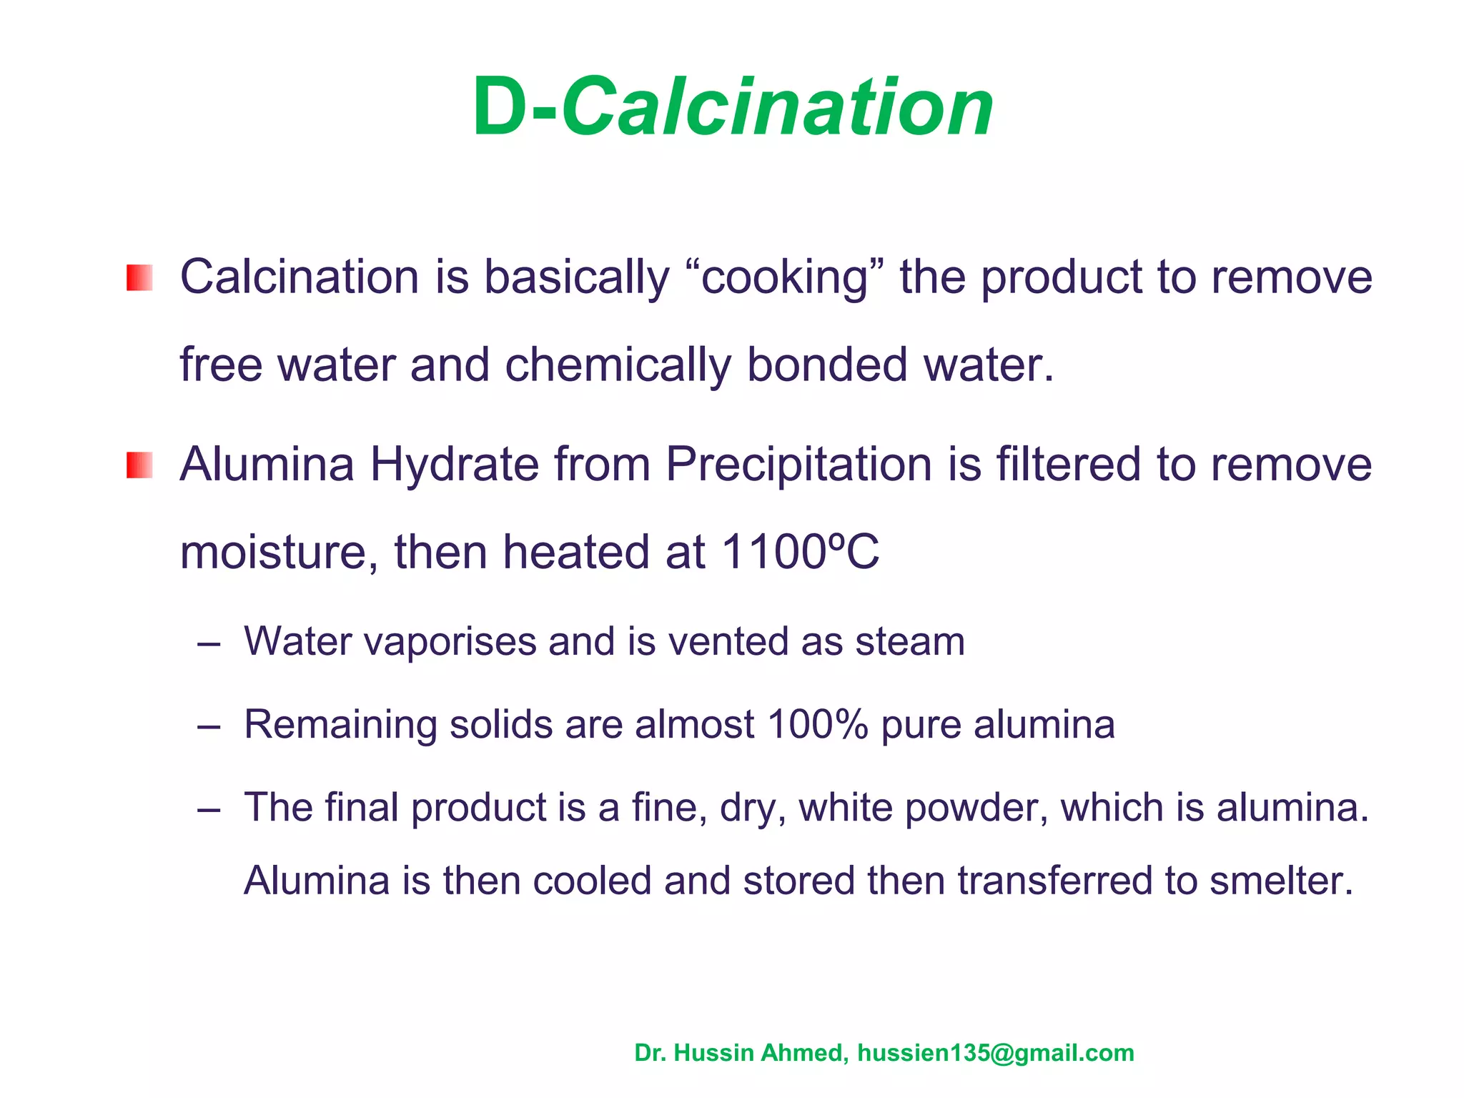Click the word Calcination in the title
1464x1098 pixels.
coord(778,109)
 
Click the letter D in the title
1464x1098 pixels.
coord(500,109)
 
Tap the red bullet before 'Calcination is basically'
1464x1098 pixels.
coord(139,277)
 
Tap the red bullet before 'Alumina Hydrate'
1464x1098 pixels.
coord(139,465)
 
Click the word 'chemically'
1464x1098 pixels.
coord(618,365)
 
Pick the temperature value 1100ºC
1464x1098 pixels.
coord(801,553)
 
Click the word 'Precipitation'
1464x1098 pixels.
coord(798,465)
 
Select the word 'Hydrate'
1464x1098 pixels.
coord(455,465)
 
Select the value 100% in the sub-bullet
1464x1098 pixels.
coord(818,724)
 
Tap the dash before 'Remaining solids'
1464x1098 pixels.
coord(209,727)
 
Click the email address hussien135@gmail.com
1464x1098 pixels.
coord(995,1053)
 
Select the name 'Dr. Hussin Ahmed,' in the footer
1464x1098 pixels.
coord(741,1053)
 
